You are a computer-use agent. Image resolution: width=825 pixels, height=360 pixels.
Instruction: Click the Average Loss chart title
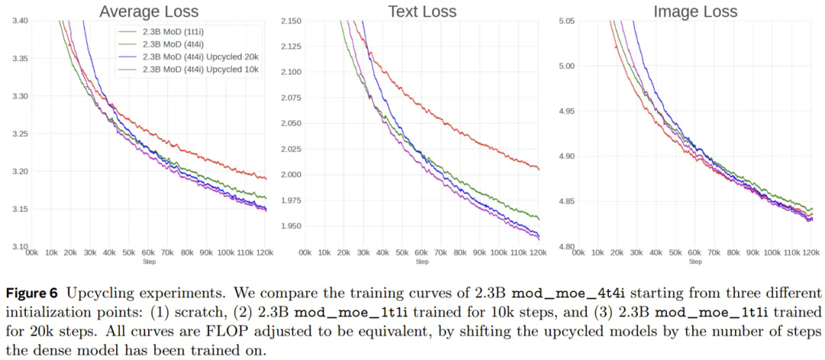click(149, 11)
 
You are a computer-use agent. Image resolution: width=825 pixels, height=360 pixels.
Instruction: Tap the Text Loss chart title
click(422, 11)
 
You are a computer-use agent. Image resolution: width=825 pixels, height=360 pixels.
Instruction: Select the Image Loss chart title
click(695, 11)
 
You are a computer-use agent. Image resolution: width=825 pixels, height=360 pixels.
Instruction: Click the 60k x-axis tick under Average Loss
click(149, 251)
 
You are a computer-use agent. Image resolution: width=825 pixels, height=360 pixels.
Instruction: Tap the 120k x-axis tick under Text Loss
click(539, 251)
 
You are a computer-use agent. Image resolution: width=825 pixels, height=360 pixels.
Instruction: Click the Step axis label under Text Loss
click(422, 261)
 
